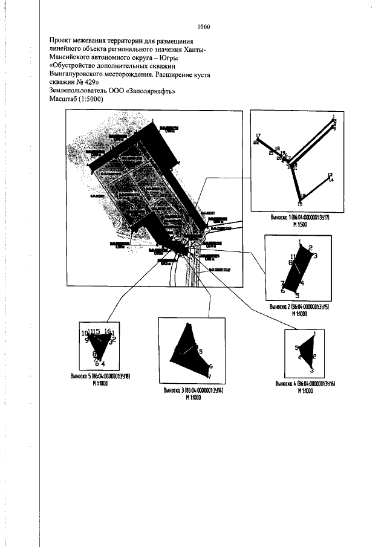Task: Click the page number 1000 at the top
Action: coord(203,27)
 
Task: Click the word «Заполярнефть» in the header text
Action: coord(145,92)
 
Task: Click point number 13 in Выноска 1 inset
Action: coord(330,175)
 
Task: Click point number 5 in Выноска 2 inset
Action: coord(297,296)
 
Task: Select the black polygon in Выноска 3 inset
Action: coord(189,351)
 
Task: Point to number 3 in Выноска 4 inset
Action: coord(312,369)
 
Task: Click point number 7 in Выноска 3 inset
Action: coord(209,377)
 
